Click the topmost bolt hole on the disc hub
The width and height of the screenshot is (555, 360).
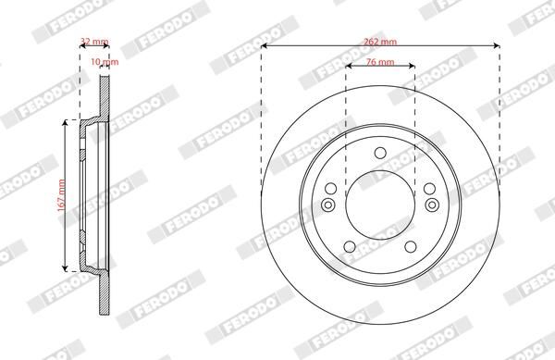[x=379, y=154]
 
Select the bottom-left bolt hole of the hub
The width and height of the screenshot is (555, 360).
[x=349, y=246]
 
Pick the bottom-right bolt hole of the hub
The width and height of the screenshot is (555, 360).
[x=411, y=246]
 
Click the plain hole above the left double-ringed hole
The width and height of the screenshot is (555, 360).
[x=329, y=190]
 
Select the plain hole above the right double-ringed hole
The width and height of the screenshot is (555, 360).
[x=430, y=190]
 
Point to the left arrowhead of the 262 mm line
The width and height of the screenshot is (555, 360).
[x=264, y=46]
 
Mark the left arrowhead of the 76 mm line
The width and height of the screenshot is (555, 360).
[x=349, y=68]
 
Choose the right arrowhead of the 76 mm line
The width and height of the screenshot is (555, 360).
[x=411, y=68]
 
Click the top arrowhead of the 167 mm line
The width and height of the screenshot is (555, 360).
[x=65, y=122]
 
